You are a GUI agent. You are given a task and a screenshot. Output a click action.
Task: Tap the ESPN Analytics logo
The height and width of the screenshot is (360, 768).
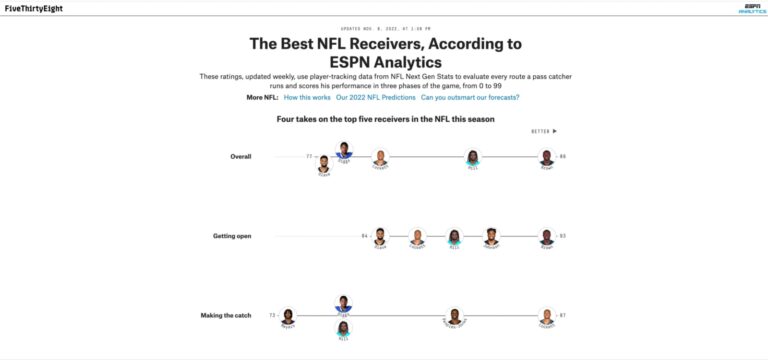(752, 9)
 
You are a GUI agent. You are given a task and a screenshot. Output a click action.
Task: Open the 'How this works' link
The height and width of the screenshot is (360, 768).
(308, 97)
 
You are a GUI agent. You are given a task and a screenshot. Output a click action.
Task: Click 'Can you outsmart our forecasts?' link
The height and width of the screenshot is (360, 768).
(470, 97)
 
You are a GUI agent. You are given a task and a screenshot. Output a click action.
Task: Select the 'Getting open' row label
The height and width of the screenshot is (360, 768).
(232, 236)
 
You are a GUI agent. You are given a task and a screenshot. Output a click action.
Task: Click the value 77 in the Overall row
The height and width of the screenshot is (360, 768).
(309, 156)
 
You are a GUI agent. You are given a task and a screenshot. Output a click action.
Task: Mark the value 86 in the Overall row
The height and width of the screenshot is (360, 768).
(563, 156)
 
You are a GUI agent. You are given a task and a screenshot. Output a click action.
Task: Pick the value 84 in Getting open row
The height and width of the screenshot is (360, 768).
(365, 236)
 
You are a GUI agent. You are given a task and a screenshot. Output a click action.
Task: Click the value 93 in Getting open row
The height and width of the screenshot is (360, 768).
(563, 236)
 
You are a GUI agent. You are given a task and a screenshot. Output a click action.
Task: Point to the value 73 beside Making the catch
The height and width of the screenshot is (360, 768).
(272, 315)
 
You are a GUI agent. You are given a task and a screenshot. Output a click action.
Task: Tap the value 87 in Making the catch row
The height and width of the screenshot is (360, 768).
(563, 315)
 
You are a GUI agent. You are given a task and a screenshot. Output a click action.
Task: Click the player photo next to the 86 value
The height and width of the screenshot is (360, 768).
(546, 156)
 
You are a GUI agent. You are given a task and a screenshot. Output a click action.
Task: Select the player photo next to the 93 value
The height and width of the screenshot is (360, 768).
(546, 236)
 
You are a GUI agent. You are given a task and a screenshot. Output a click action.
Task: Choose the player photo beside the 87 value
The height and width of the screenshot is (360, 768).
(546, 315)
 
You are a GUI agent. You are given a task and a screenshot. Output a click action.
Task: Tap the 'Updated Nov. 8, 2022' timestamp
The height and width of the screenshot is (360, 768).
(384, 29)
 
